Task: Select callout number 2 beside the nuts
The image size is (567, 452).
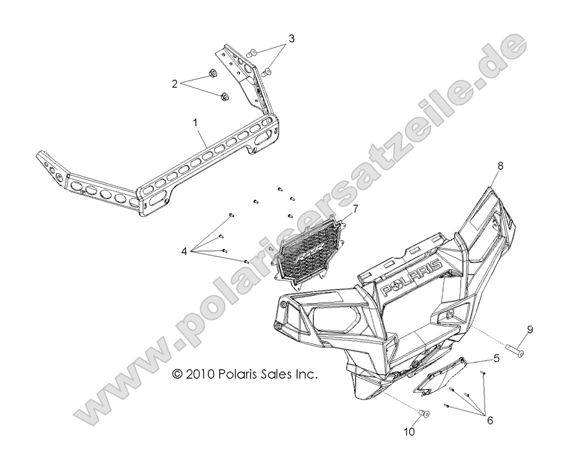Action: [175, 83]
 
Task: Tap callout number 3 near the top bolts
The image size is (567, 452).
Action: [291, 39]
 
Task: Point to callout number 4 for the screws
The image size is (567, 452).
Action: [184, 252]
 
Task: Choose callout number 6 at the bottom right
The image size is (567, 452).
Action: [489, 420]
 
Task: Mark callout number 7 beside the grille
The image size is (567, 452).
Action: [355, 209]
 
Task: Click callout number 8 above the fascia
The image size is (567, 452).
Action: [501, 166]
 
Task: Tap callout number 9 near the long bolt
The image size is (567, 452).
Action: [530, 330]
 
